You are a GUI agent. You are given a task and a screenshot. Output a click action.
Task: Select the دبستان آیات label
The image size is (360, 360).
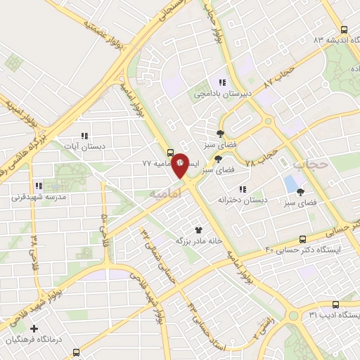84,146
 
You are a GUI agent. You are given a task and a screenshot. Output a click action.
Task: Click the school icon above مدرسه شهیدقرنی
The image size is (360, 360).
39,186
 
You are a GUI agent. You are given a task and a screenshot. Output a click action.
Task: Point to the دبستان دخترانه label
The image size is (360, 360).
243,200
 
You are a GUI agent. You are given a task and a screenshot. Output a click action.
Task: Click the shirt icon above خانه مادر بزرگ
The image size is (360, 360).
198,229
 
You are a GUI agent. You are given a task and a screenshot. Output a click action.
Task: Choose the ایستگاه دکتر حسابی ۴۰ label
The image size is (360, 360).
303,250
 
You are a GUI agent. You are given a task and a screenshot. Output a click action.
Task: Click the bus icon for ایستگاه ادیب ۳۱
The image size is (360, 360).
335,305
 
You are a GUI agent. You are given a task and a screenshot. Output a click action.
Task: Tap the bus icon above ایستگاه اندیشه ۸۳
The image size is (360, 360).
343,30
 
